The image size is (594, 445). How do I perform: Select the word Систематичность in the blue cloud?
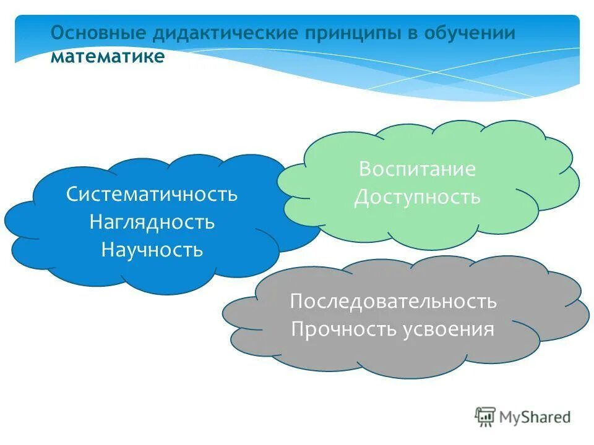pyautogui.click(x=152, y=194)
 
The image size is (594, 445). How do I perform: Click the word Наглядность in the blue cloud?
pyautogui.click(x=152, y=222)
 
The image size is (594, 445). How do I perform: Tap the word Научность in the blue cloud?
pyautogui.click(x=152, y=250)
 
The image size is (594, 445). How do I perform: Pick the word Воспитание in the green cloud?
pyautogui.click(x=417, y=169)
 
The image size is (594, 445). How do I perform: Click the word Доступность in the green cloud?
pyautogui.click(x=417, y=197)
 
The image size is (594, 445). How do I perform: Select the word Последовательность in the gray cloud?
pyautogui.click(x=393, y=302)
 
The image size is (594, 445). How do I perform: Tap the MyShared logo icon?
pyautogui.click(x=485, y=417)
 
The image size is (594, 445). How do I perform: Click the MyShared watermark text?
pyautogui.click(x=536, y=417)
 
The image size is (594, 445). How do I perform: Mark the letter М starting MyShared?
pyautogui.click(x=509, y=417)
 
